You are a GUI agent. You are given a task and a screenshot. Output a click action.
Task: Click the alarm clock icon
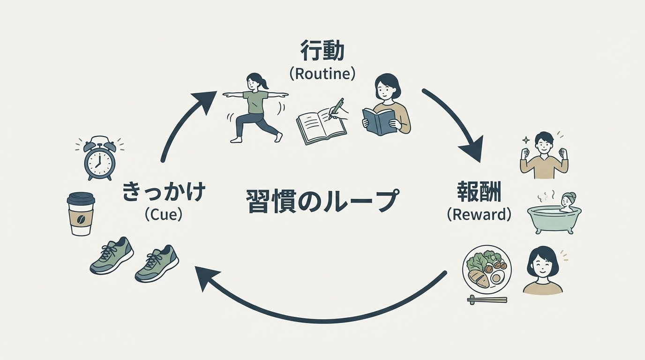click(99, 159)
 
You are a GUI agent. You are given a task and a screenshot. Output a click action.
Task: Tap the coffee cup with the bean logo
click(81, 214)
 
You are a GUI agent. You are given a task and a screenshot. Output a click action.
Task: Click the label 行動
click(322, 51)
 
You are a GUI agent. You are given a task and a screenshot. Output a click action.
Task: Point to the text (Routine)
click(322, 74)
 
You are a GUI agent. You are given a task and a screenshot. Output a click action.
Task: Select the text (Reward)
click(479, 214)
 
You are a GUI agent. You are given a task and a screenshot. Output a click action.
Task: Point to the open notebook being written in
click(319, 124)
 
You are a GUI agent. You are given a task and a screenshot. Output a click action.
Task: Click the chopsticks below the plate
click(487, 300)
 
